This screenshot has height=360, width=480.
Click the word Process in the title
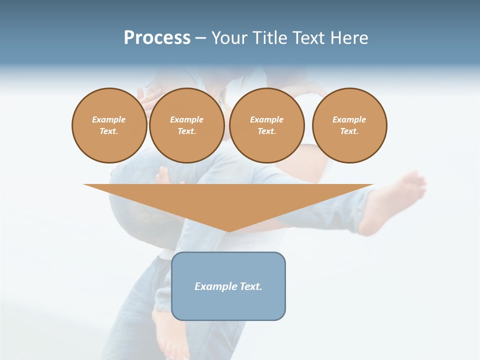click(x=157, y=38)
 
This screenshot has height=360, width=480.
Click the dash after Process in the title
click(x=200, y=39)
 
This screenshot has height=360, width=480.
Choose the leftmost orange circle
click(x=109, y=125)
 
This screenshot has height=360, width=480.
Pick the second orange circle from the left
click(x=186, y=125)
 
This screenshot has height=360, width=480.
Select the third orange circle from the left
click(x=267, y=125)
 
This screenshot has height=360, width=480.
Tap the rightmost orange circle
click(x=349, y=125)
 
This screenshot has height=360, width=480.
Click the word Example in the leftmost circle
click(x=109, y=119)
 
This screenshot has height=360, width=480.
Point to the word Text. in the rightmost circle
click(x=349, y=131)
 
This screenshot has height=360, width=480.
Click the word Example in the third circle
click(x=267, y=119)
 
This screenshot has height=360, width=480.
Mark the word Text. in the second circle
click(x=186, y=131)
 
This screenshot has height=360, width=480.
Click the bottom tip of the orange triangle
click(x=228, y=230)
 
